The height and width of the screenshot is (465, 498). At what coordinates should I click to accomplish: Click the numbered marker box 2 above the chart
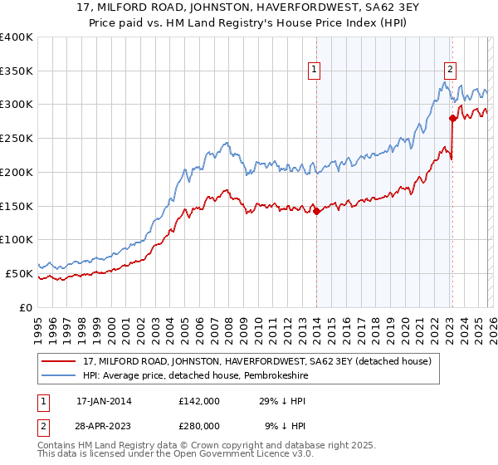click(x=450, y=71)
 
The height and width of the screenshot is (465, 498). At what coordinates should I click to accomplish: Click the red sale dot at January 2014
click(x=317, y=211)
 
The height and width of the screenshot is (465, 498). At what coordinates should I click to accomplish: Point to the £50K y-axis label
click(x=18, y=273)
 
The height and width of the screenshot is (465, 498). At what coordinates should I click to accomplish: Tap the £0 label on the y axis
click(x=27, y=307)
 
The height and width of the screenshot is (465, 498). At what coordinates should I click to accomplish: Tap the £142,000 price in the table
click(x=198, y=400)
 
